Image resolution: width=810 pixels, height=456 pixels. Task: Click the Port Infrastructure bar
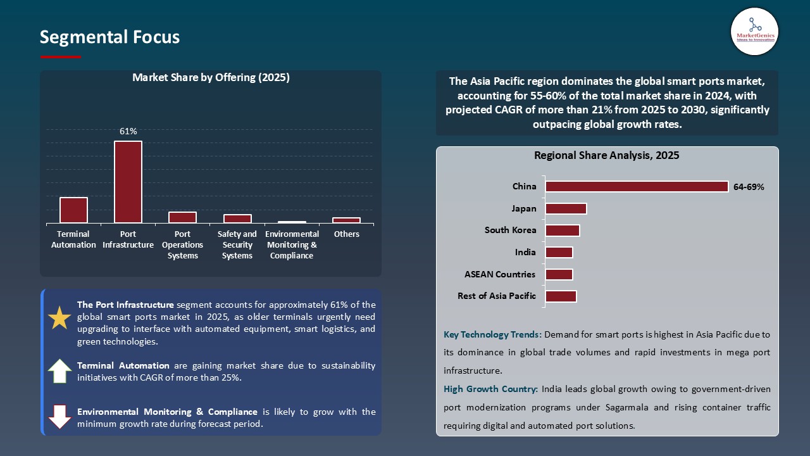tap(128, 182)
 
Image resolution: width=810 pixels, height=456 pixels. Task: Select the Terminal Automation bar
tap(73, 210)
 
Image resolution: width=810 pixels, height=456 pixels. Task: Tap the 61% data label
tap(128, 131)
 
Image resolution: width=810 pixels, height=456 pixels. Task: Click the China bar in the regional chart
tap(637, 187)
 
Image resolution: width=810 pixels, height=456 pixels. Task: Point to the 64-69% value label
tap(749, 187)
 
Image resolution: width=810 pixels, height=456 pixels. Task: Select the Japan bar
tap(566, 208)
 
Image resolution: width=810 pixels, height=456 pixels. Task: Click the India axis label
tap(525, 252)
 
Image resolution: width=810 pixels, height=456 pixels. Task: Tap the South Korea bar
tap(563, 231)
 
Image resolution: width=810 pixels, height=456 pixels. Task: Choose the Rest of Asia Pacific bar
tap(561, 296)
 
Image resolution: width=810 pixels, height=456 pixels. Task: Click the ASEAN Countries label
tap(500, 274)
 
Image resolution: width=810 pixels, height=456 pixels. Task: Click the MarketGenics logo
tap(754, 31)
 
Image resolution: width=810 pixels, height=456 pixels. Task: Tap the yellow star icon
tap(59, 318)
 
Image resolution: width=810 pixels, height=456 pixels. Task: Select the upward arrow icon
tap(59, 371)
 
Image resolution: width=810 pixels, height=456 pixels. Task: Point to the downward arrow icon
tap(59, 417)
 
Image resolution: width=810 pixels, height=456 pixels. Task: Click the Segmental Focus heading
tap(109, 37)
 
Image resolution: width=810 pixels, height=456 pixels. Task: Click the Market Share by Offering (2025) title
tap(211, 77)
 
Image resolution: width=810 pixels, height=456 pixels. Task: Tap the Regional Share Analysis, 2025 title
tap(606, 155)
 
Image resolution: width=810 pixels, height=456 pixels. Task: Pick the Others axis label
tap(346, 234)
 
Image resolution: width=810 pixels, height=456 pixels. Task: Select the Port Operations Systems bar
tap(182, 217)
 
